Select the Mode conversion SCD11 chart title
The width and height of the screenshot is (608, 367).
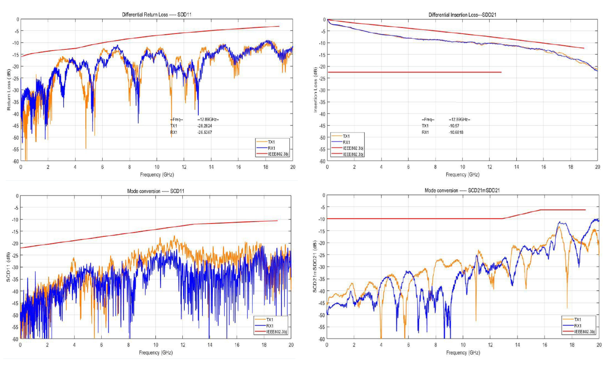[156, 191]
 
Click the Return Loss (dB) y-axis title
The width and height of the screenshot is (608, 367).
[9, 90]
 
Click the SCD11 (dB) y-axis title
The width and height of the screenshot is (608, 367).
[9, 267]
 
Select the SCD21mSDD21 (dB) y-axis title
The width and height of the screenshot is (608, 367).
[315, 267]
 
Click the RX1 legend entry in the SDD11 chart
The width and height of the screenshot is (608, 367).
[272, 148]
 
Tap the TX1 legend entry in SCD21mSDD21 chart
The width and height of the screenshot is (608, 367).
[578, 320]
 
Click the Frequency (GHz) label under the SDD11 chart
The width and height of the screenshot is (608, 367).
[157, 174]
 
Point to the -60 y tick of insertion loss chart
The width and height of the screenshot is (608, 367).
[322, 161]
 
